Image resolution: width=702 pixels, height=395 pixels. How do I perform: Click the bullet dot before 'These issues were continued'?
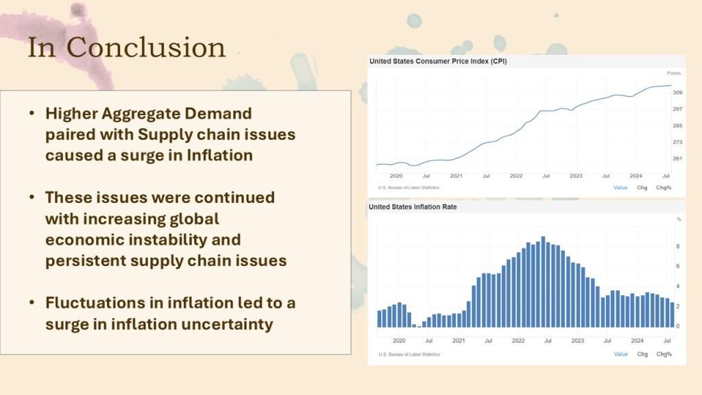[32, 197]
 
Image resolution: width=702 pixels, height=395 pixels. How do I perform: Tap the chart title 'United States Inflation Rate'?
[413, 206]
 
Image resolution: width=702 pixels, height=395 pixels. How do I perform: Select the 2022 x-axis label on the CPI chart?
[516, 176]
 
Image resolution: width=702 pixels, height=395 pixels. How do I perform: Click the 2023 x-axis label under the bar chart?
[577, 340]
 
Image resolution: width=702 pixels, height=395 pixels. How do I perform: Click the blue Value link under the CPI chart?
[620, 187]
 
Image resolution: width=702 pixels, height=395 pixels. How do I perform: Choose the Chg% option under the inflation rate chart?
[664, 354]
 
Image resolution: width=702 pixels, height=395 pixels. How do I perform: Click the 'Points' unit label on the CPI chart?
[675, 73]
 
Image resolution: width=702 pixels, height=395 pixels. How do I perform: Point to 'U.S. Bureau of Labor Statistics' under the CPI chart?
[409, 187]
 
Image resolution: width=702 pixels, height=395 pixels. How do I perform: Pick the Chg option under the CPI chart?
[642, 187]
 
